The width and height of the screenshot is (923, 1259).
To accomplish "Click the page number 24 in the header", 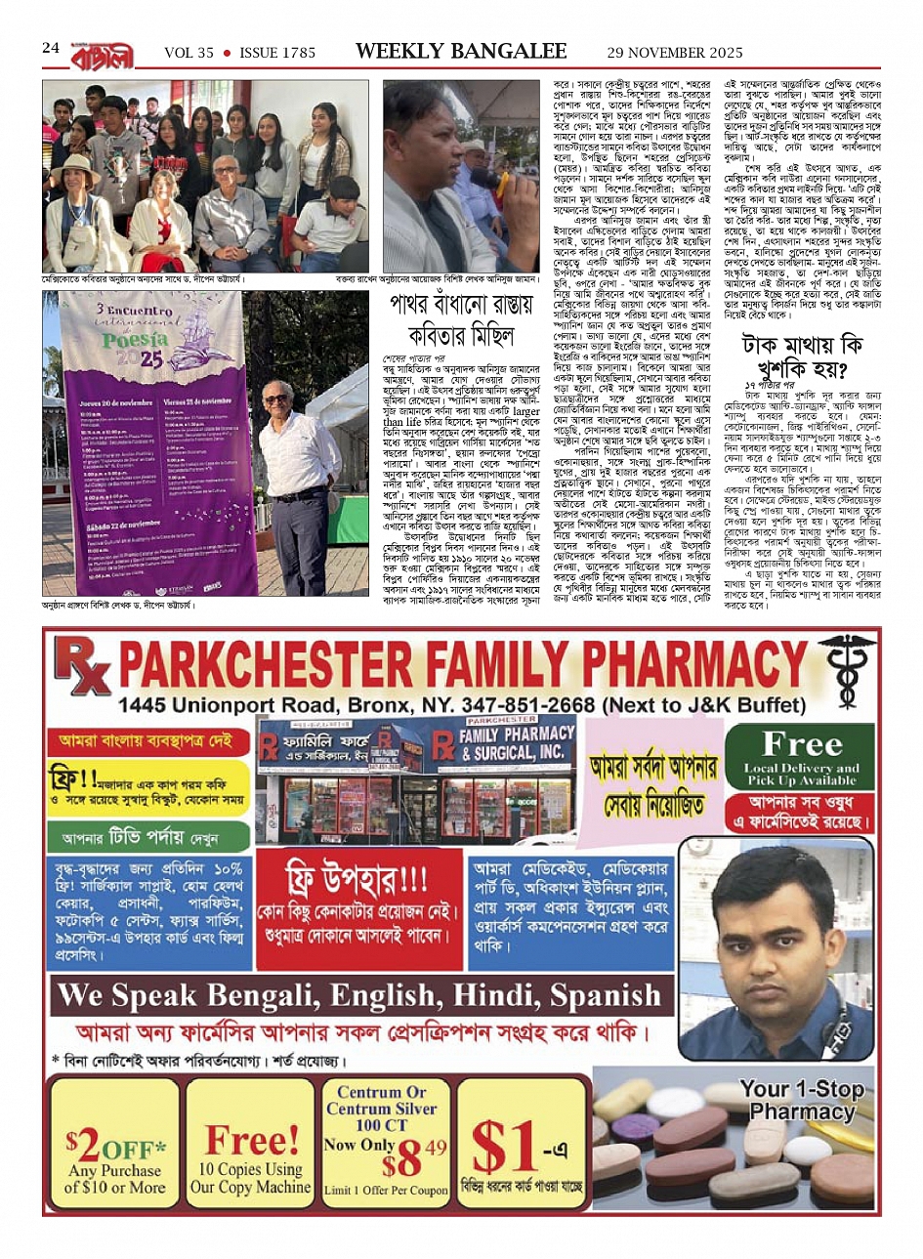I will pyautogui.click(x=51, y=48).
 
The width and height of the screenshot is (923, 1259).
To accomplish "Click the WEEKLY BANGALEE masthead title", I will pyautogui.click(x=461, y=52).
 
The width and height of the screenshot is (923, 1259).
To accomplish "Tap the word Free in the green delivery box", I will pyautogui.click(x=801, y=744).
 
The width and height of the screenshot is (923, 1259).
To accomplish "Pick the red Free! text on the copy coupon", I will pyautogui.click(x=251, y=1139).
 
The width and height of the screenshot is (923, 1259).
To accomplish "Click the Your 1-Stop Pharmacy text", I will pyautogui.click(x=801, y=1100).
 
